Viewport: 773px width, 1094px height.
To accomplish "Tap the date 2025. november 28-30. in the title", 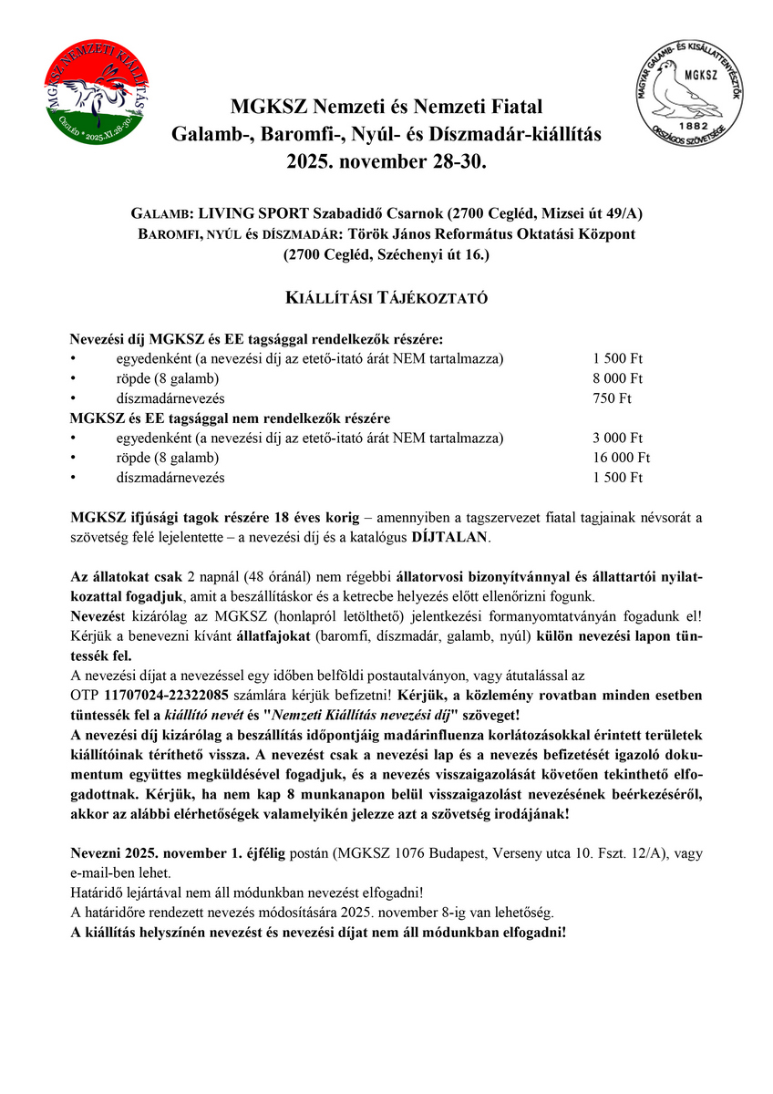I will [386, 162].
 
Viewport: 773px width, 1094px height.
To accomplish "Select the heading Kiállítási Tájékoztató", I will [386, 298].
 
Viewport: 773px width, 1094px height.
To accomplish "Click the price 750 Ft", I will [612, 398].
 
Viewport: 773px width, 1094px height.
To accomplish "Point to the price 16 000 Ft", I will [621, 458].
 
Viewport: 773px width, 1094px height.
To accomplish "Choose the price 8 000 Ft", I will [617, 378].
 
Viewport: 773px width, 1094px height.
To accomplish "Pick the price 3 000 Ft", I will [617, 438].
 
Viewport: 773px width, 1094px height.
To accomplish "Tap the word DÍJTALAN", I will [450, 537].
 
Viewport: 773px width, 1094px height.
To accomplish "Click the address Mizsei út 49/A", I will [590, 213].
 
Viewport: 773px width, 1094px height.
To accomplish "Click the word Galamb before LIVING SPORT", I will [160, 213].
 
